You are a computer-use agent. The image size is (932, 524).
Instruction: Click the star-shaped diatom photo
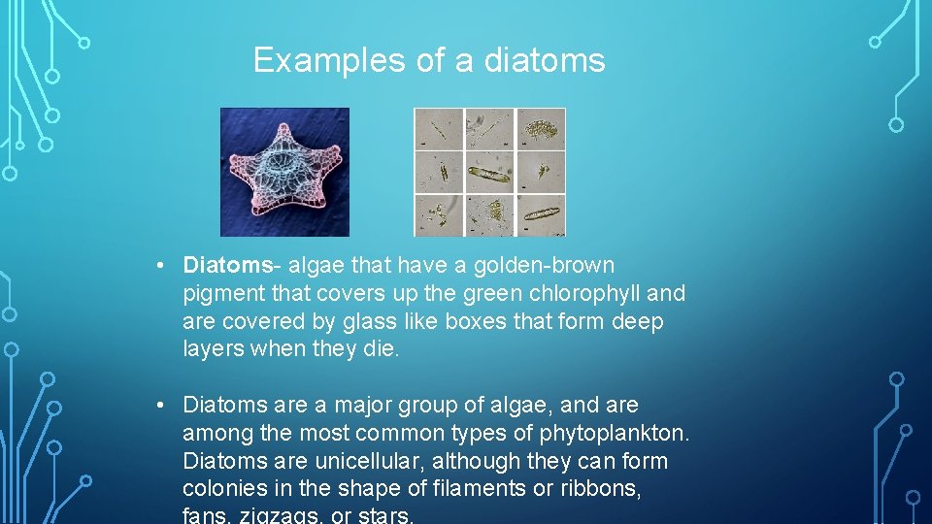point(284,172)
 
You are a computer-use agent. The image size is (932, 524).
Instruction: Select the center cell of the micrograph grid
point(489,172)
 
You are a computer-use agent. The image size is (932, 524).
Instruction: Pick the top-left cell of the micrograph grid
point(438,128)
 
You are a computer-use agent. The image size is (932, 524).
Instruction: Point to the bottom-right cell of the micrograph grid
point(541,214)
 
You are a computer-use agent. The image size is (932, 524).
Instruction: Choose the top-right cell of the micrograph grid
point(541,128)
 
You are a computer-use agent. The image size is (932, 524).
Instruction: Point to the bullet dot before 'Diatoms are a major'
point(167,405)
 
